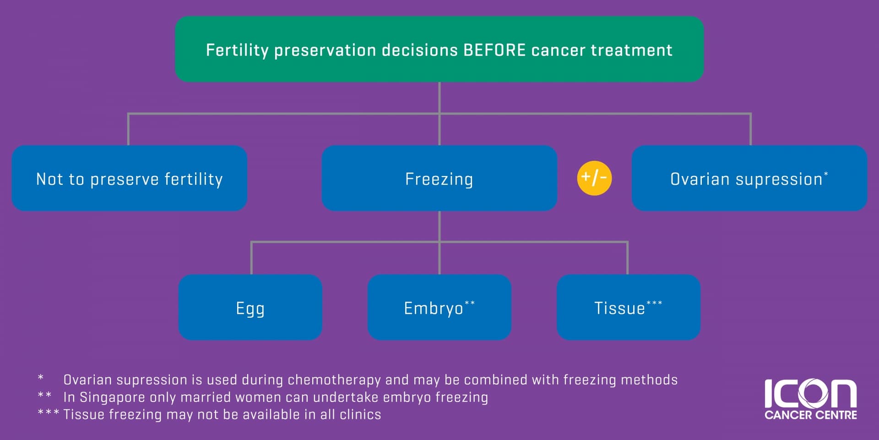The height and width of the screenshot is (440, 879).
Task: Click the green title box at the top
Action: pos(439,49)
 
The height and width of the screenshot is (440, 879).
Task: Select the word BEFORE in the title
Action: pos(494,50)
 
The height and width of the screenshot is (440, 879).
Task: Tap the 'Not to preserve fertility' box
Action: pos(130,178)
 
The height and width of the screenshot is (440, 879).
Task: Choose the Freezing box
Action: pos(439,178)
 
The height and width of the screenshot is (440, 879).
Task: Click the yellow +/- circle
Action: pos(594,178)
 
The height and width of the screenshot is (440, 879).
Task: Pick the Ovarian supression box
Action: pos(749,178)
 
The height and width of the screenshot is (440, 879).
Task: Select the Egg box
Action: pos(250,307)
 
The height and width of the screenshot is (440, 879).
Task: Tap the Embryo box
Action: pos(439,307)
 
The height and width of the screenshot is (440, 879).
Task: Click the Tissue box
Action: pos(629,307)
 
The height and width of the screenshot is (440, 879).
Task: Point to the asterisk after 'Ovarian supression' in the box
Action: pos(826,174)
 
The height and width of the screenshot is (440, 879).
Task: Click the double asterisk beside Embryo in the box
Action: pos(470,303)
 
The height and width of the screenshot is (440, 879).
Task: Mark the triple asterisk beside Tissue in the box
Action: pos(654,303)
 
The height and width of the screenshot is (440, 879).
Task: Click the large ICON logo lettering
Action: pos(810,393)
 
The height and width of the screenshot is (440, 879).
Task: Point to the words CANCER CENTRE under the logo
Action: pos(811,415)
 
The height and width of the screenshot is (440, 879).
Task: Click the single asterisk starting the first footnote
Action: pos(41,378)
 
